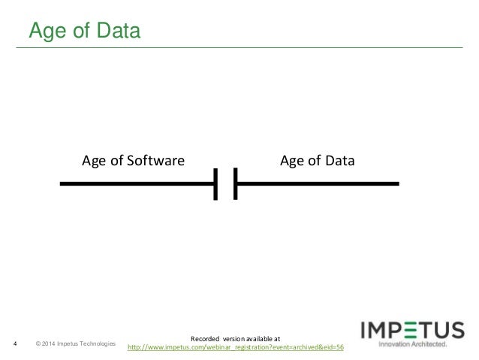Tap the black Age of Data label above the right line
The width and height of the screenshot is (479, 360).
click(x=317, y=160)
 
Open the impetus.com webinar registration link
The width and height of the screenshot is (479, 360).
click(x=236, y=347)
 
